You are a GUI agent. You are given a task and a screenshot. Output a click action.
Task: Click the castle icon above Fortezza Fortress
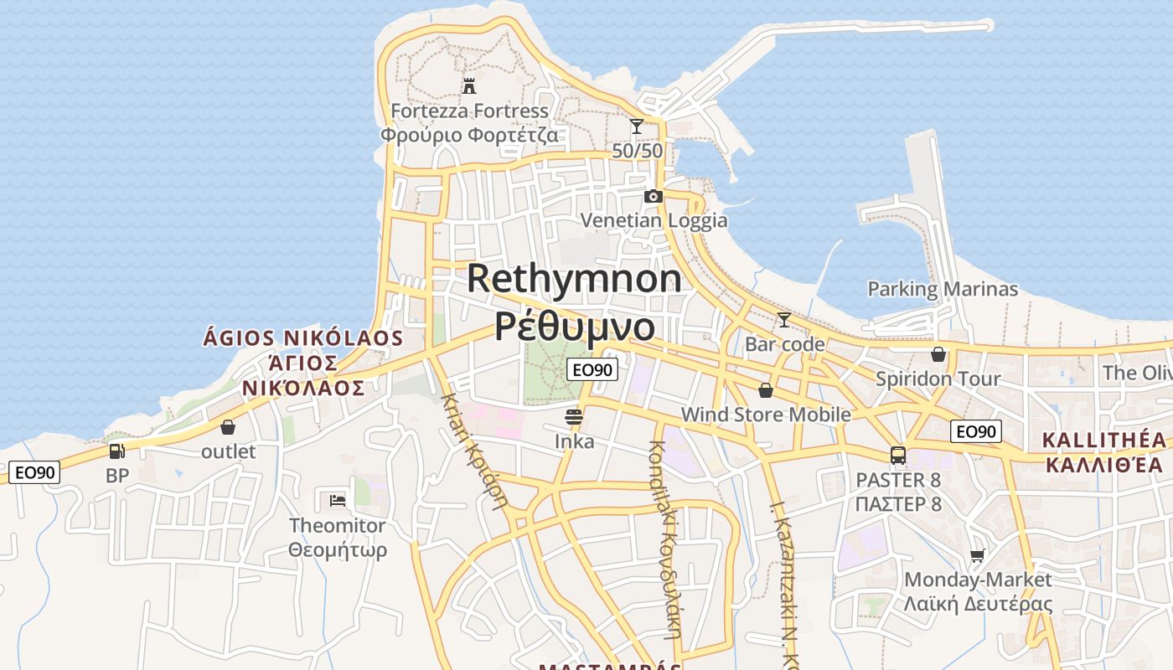(x=469, y=85)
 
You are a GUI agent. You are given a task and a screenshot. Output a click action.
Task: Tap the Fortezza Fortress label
(x=470, y=111)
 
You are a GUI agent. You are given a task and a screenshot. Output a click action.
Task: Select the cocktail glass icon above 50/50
(x=637, y=126)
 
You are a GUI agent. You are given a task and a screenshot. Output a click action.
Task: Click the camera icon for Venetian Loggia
(x=653, y=196)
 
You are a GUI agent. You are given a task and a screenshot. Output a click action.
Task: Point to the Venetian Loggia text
(x=654, y=220)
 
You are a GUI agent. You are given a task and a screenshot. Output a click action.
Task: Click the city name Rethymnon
(x=574, y=278)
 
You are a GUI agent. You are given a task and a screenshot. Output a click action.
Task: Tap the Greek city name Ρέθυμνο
(x=574, y=326)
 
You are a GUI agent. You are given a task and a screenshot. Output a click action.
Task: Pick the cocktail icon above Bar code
(x=784, y=320)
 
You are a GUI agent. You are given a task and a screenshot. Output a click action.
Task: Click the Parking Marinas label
(x=943, y=290)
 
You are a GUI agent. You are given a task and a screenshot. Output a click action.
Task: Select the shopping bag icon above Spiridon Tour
(x=938, y=354)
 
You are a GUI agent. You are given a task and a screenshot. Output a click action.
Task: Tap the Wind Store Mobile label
(x=766, y=415)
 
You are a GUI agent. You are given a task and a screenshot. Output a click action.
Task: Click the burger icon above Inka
(x=574, y=417)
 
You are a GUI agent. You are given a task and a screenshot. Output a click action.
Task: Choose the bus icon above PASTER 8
(x=898, y=456)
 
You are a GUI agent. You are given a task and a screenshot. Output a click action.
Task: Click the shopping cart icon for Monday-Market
(x=977, y=555)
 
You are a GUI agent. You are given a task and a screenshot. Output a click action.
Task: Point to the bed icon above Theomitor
(x=337, y=501)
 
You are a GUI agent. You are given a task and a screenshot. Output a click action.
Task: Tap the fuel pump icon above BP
(x=117, y=451)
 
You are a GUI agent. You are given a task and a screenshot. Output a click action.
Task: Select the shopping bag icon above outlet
(x=228, y=428)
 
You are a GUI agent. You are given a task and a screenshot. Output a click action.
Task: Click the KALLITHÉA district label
(x=1104, y=441)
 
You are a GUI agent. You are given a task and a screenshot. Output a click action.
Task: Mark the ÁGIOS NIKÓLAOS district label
(x=303, y=338)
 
